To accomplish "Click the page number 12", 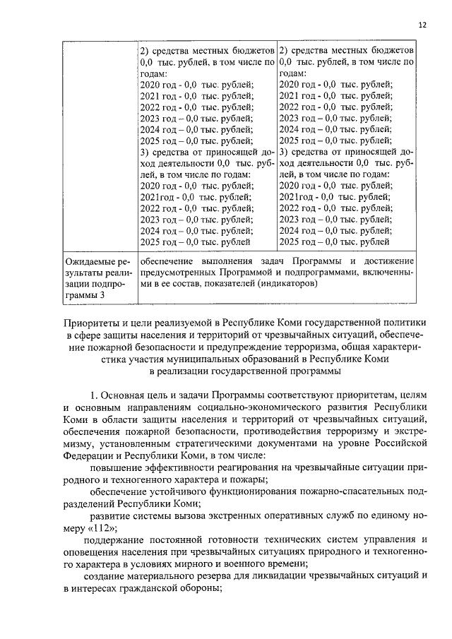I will tap(422, 25).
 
